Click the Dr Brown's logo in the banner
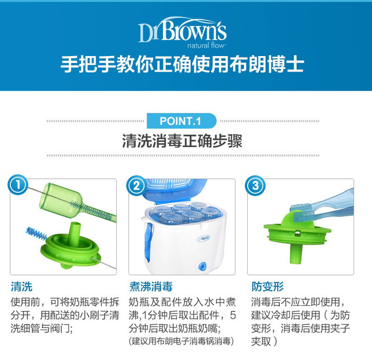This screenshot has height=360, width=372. click(x=182, y=32)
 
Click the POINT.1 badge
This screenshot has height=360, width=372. click(x=181, y=121)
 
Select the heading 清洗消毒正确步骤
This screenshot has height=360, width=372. click(x=182, y=141)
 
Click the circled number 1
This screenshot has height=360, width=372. click(x=18, y=185)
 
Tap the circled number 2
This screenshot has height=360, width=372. click(x=137, y=185)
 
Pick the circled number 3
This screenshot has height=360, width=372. click(x=255, y=185)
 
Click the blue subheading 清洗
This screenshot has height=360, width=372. click(x=21, y=287)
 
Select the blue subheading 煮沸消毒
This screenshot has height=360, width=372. click(x=151, y=287)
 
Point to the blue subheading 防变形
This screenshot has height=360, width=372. click(x=268, y=287)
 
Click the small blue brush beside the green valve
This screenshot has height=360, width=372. click(x=36, y=233)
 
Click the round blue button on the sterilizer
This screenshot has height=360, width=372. click(x=202, y=266)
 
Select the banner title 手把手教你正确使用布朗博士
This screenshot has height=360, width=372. click(x=182, y=65)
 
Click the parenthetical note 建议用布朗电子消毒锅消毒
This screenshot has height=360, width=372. click(x=181, y=341)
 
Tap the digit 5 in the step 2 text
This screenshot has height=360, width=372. click(x=233, y=315)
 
